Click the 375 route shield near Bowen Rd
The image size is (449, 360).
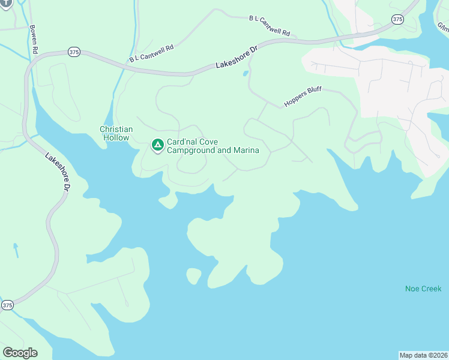(x=73, y=52)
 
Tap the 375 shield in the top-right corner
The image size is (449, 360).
(x=397, y=20)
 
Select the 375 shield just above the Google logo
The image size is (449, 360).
(x=7, y=305)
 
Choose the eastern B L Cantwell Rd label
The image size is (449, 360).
(x=270, y=26)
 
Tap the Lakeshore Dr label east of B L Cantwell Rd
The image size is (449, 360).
(x=236, y=59)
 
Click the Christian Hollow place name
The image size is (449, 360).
(x=116, y=133)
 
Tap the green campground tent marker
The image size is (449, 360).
(x=157, y=145)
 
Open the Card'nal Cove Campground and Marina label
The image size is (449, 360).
(x=212, y=146)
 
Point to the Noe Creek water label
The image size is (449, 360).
(x=423, y=289)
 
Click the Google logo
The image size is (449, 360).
(x=20, y=353)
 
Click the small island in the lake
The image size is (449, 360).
(x=193, y=276)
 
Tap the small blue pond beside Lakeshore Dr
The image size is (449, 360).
(x=245, y=74)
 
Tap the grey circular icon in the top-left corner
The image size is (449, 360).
(x=5, y=3)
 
